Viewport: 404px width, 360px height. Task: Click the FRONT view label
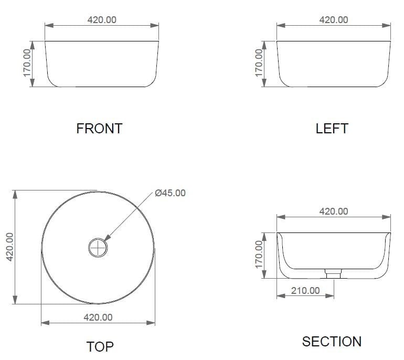[99, 128]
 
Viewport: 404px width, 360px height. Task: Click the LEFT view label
[332, 128]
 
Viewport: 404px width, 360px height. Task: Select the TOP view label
[100, 346]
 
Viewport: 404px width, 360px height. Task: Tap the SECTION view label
[332, 342]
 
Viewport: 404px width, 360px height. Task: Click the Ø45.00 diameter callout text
[170, 193]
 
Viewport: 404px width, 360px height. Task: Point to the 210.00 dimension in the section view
[305, 290]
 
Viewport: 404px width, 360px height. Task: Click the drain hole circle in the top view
[98, 247]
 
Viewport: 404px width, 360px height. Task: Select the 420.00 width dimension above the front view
[101, 20]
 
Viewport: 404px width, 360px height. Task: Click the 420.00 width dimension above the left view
[333, 20]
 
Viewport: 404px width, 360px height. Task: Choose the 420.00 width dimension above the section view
[333, 211]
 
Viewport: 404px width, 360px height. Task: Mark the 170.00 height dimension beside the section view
[259, 255]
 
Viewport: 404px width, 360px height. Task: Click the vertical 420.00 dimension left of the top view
[9, 247]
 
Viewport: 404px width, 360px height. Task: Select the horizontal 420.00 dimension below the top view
[98, 317]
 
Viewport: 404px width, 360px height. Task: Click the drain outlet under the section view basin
[333, 273]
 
